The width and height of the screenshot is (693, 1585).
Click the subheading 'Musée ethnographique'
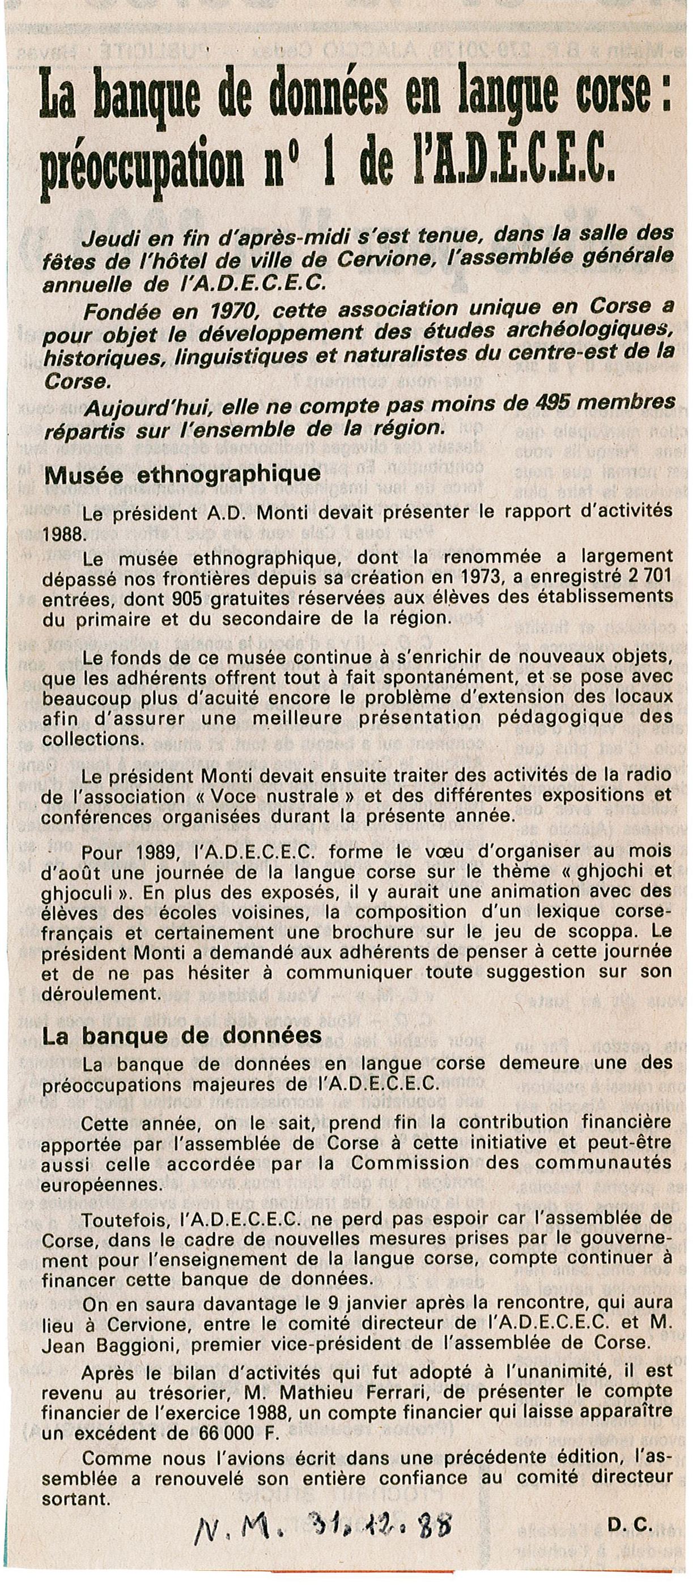(x=181, y=474)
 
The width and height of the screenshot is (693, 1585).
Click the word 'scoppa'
(x=597, y=931)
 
